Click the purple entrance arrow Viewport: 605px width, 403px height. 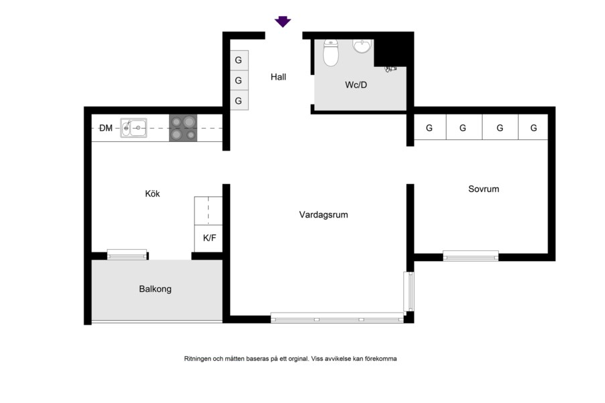(282, 21)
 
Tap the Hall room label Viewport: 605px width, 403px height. (278, 77)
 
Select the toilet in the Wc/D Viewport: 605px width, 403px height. (331, 52)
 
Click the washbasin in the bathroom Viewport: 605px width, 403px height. (362, 46)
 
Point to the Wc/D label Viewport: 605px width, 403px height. (356, 84)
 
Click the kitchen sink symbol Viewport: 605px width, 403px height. (134, 128)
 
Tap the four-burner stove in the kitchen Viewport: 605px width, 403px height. (183, 128)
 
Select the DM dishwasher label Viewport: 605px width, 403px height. (106, 128)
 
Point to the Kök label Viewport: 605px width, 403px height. (152, 193)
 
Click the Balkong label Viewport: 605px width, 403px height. (155, 289)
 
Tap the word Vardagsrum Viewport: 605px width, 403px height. (324, 214)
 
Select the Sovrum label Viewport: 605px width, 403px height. (483, 189)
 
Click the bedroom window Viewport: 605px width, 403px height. (471, 256)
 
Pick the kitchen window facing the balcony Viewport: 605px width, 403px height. (127, 254)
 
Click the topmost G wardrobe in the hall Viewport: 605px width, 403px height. (239, 60)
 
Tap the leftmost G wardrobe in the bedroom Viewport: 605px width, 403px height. (430, 127)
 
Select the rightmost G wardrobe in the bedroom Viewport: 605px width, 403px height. (533, 127)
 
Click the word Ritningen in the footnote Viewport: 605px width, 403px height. (198, 359)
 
